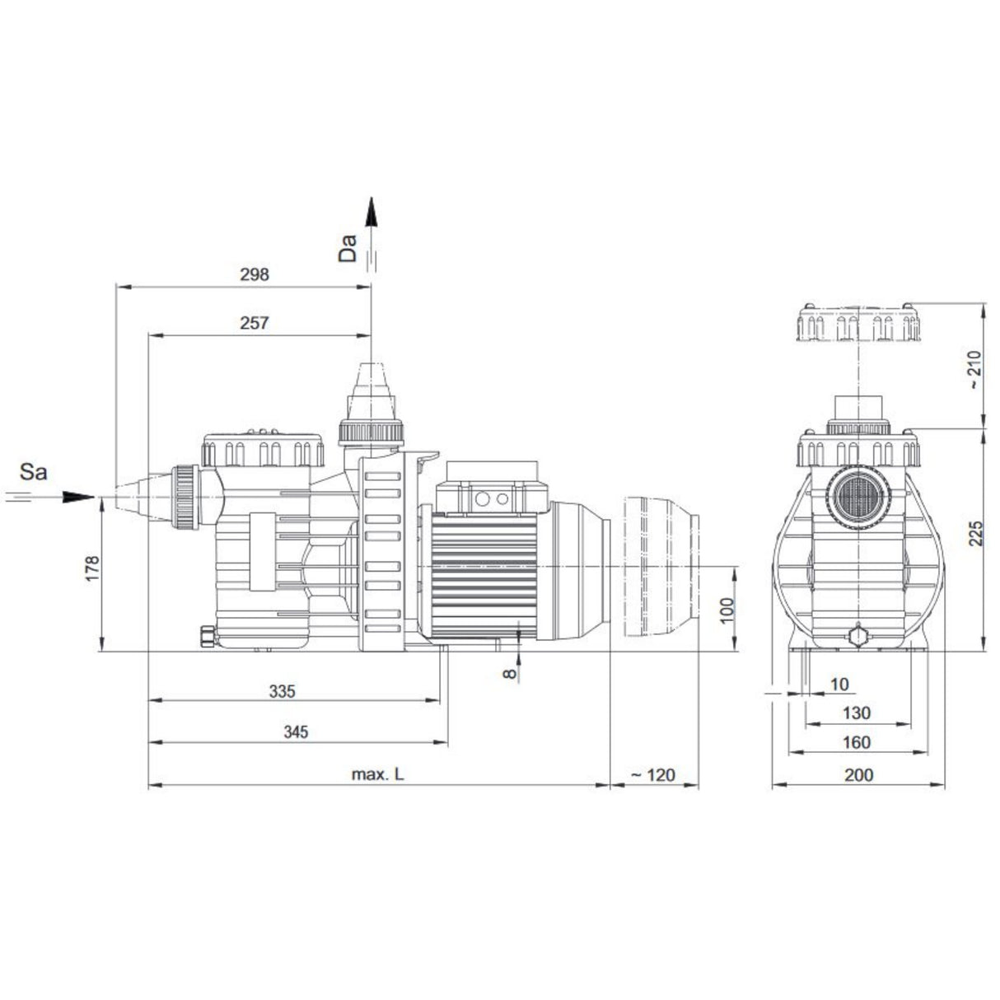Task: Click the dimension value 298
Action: pos(255,275)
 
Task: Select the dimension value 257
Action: pos(255,324)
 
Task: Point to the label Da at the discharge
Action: pos(348,248)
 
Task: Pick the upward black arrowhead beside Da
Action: pos(371,213)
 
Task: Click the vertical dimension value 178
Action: pos(91,569)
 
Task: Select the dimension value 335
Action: pos(282,691)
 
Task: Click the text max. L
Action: pos(378,774)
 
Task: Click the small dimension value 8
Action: pos(510,673)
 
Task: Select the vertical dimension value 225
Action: pos(974,535)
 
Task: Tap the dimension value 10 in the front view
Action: pos(839,684)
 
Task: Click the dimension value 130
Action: pos(857,713)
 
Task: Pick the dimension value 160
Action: pos(857,743)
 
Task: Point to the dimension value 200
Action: pos(859,774)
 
